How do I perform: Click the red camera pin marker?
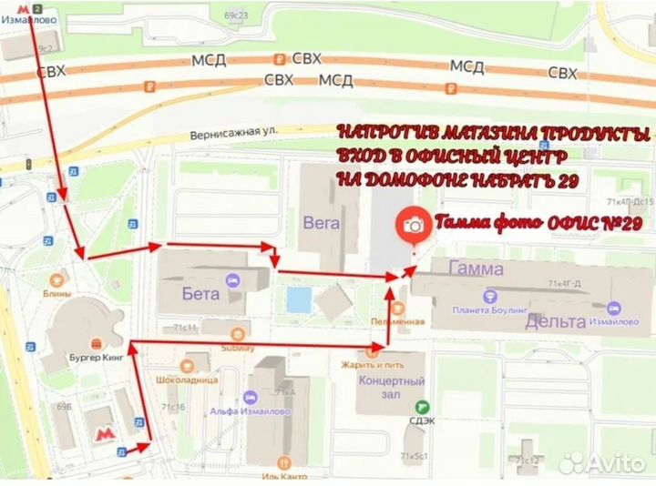coord(414,224)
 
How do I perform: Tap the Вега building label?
coord(322,221)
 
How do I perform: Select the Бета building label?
coord(201,293)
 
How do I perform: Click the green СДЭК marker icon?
coord(420,407)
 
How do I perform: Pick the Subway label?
coord(237,348)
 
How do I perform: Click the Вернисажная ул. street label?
coord(233,133)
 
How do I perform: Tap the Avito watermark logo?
coord(602,462)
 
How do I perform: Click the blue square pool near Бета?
coord(296,298)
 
